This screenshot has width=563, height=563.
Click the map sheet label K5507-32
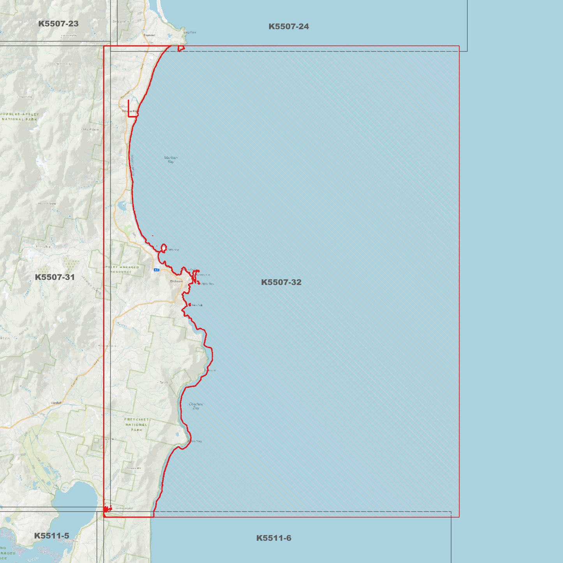tap(281, 282)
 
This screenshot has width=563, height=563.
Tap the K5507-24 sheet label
tap(288, 26)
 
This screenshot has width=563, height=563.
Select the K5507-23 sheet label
tap(58, 24)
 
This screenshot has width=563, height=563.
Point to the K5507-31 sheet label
tap(55, 277)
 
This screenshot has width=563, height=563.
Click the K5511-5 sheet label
tap(51, 536)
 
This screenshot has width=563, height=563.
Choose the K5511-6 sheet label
tap(274, 538)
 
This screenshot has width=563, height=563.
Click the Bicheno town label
tap(176, 281)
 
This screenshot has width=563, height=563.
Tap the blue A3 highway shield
tap(156, 270)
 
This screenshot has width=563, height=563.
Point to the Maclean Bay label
tap(171, 159)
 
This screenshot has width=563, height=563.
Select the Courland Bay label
tap(196, 406)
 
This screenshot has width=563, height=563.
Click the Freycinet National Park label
tap(136, 424)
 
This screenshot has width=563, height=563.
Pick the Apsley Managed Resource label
tap(121, 269)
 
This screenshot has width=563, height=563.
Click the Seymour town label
tap(149, 35)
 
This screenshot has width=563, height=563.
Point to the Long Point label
tap(190, 32)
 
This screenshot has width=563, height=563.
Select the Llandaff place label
tap(56, 402)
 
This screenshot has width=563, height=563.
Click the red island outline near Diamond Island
tap(164, 248)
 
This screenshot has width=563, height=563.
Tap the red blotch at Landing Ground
tap(107, 509)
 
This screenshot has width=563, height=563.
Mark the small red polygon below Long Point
tap(181, 48)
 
